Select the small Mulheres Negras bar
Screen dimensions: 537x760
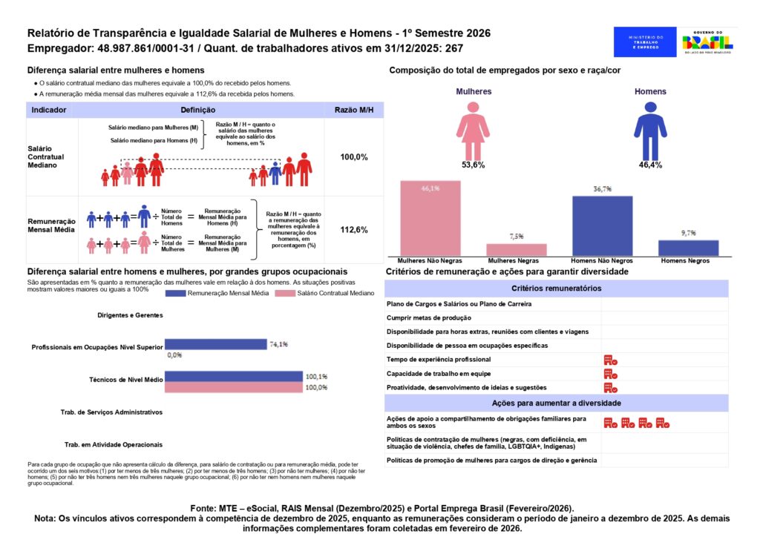click(x=516, y=249)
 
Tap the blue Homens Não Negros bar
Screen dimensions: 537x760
click(x=602, y=225)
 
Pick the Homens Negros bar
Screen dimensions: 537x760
click(x=688, y=248)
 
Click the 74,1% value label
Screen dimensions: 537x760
click(x=279, y=344)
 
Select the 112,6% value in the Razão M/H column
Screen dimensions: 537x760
click(x=353, y=230)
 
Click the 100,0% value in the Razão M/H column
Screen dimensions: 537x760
click(x=353, y=158)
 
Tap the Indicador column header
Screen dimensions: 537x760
click(x=49, y=110)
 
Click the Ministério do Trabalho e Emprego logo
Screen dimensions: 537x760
click(x=645, y=42)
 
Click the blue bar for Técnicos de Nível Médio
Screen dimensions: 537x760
click(x=233, y=377)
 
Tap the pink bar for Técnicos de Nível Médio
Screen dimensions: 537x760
click(x=233, y=387)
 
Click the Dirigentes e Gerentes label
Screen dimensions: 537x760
click(x=130, y=315)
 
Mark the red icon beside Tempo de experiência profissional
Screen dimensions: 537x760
click(x=611, y=360)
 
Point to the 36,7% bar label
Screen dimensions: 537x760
click(x=602, y=189)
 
